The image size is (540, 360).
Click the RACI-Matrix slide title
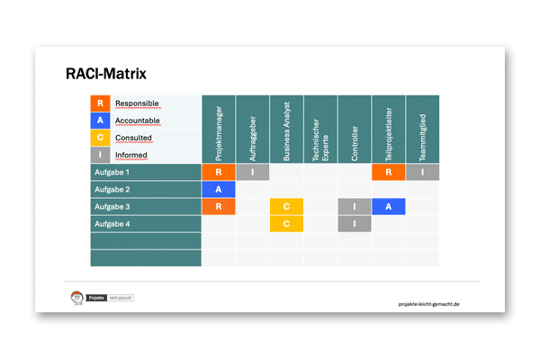point(106,73)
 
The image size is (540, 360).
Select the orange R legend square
point(100,103)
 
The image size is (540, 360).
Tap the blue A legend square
point(100,121)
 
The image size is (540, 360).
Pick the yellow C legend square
point(100,138)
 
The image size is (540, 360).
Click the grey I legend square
point(100,155)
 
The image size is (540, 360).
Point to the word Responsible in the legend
point(134,103)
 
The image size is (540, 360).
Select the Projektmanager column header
point(219,129)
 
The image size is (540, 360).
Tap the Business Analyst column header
point(286,129)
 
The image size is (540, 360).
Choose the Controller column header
point(355,129)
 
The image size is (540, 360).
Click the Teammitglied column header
point(422,129)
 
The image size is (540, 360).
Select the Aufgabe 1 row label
point(112,172)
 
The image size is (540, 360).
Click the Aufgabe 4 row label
point(112,223)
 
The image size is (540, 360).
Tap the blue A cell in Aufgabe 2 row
point(219,189)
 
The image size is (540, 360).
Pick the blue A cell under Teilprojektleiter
point(388,206)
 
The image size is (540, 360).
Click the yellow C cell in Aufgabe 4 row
point(286,223)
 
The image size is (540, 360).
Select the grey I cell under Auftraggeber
point(253,172)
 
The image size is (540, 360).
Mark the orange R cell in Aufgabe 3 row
point(219,206)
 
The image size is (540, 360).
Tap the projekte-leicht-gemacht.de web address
point(428,304)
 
